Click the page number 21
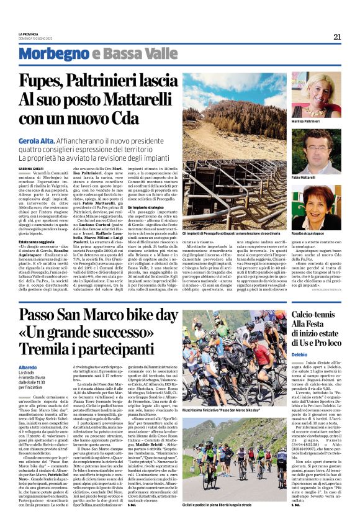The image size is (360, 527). coord(337,37)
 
